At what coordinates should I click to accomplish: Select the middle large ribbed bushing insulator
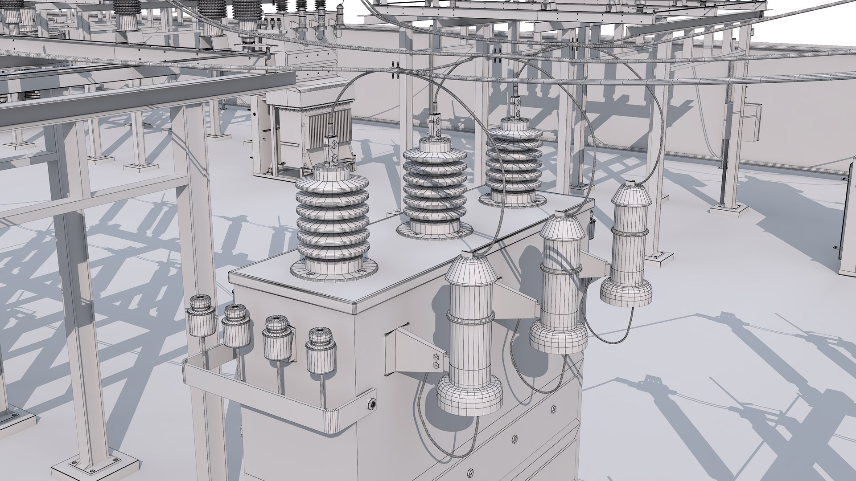click(x=434, y=187)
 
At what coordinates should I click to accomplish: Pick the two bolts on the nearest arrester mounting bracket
click(x=436, y=360)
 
